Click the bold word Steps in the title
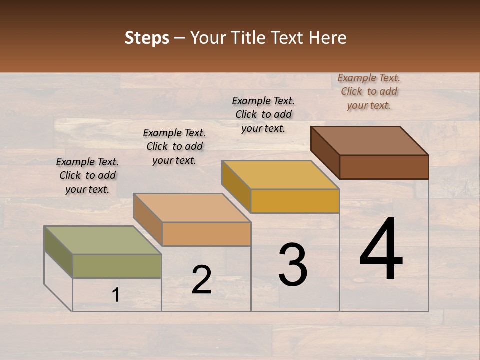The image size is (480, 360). click(147, 38)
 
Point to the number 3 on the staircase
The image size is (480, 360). click(293, 265)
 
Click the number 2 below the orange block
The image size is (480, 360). click(201, 280)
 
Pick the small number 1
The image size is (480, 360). click(116, 295)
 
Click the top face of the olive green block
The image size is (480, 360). click(103, 240)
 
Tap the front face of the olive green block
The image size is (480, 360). click(117, 266)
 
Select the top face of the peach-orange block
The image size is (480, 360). click(192, 207)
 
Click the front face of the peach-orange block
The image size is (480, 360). click(206, 234)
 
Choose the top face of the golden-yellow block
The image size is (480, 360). click(280, 175)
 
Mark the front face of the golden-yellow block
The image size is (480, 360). click(295, 201)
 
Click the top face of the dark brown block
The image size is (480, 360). click(369, 140)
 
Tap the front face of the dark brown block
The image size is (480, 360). click(384, 167)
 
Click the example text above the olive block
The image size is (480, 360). click(87, 175)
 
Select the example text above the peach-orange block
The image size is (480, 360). click(174, 146)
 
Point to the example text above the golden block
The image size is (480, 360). click(263, 114)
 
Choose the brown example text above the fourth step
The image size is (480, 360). click(369, 91)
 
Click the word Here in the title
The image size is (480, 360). click(328, 38)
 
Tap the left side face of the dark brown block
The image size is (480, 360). click(325, 152)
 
